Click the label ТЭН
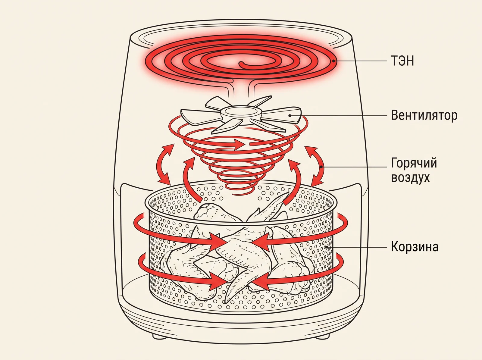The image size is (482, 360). pos(402,61)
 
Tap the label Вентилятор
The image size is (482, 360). pos(424,115)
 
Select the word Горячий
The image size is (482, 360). pos(414,163)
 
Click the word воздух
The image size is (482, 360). pos(410,177)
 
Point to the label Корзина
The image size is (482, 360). pos(415,247)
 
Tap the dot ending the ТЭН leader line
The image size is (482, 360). pos(334,61)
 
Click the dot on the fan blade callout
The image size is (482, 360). pos(290,115)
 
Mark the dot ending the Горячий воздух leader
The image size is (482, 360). pos(321,167)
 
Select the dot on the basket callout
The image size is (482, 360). pos(327,247)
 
